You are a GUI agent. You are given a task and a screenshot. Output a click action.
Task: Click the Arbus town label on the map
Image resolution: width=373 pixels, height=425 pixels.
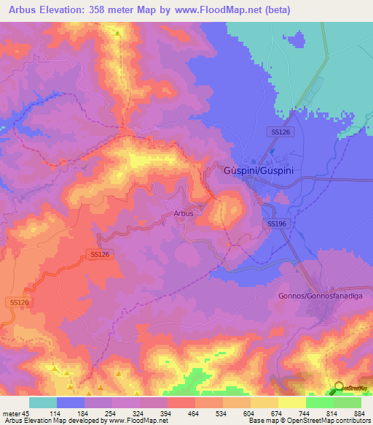(x=184, y=213)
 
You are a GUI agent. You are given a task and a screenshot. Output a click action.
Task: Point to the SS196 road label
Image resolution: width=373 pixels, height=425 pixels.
(x=276, y=223)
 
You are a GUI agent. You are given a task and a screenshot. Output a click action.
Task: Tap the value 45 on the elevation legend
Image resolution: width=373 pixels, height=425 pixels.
(x=26, y=413)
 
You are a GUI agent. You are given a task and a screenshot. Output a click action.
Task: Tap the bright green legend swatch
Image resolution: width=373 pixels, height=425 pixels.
(x=319, y=402)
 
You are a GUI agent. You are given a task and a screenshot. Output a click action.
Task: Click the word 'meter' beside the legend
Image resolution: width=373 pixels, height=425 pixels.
(x=11, y=413)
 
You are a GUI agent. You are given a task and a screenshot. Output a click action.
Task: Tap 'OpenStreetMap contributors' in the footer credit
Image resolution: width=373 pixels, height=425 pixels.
(x=334, y=421)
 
